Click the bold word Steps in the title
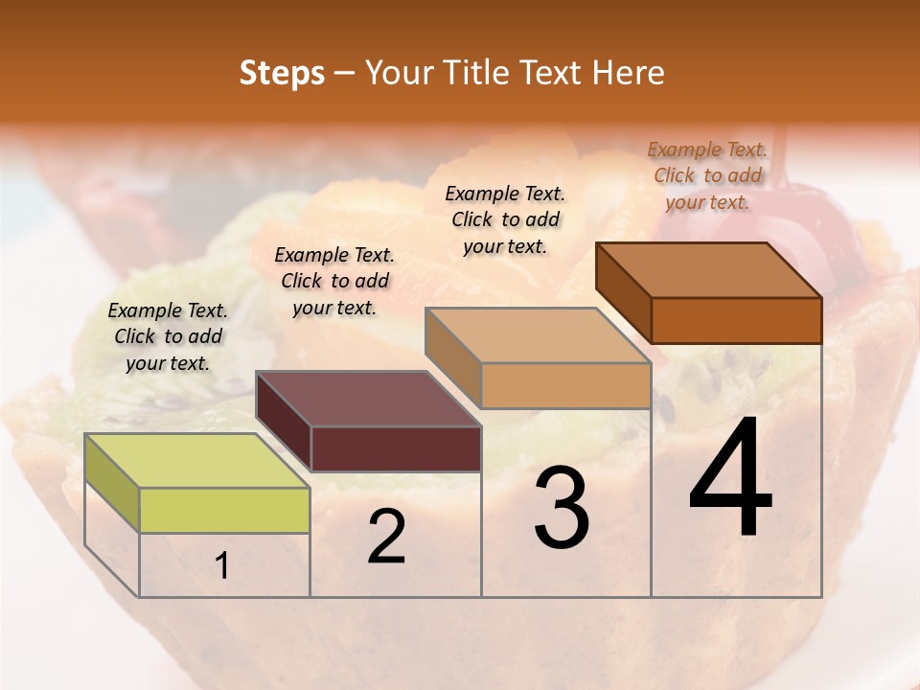coord(282,74)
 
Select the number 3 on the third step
coord(562,509)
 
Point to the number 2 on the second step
coord(386,538)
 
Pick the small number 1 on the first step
coord(222,566)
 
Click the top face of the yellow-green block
coord(196,460)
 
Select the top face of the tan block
coord(538,335)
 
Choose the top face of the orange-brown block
coord(709,270)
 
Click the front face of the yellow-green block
coord(224,510)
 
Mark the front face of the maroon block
coord(396,448)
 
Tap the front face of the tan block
coord(565,385)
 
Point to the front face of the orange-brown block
coord(736,320)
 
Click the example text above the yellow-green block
coord(168,337)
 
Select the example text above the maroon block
coord(334,281)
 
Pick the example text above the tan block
coord(505,219)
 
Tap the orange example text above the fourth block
coord(707,175)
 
